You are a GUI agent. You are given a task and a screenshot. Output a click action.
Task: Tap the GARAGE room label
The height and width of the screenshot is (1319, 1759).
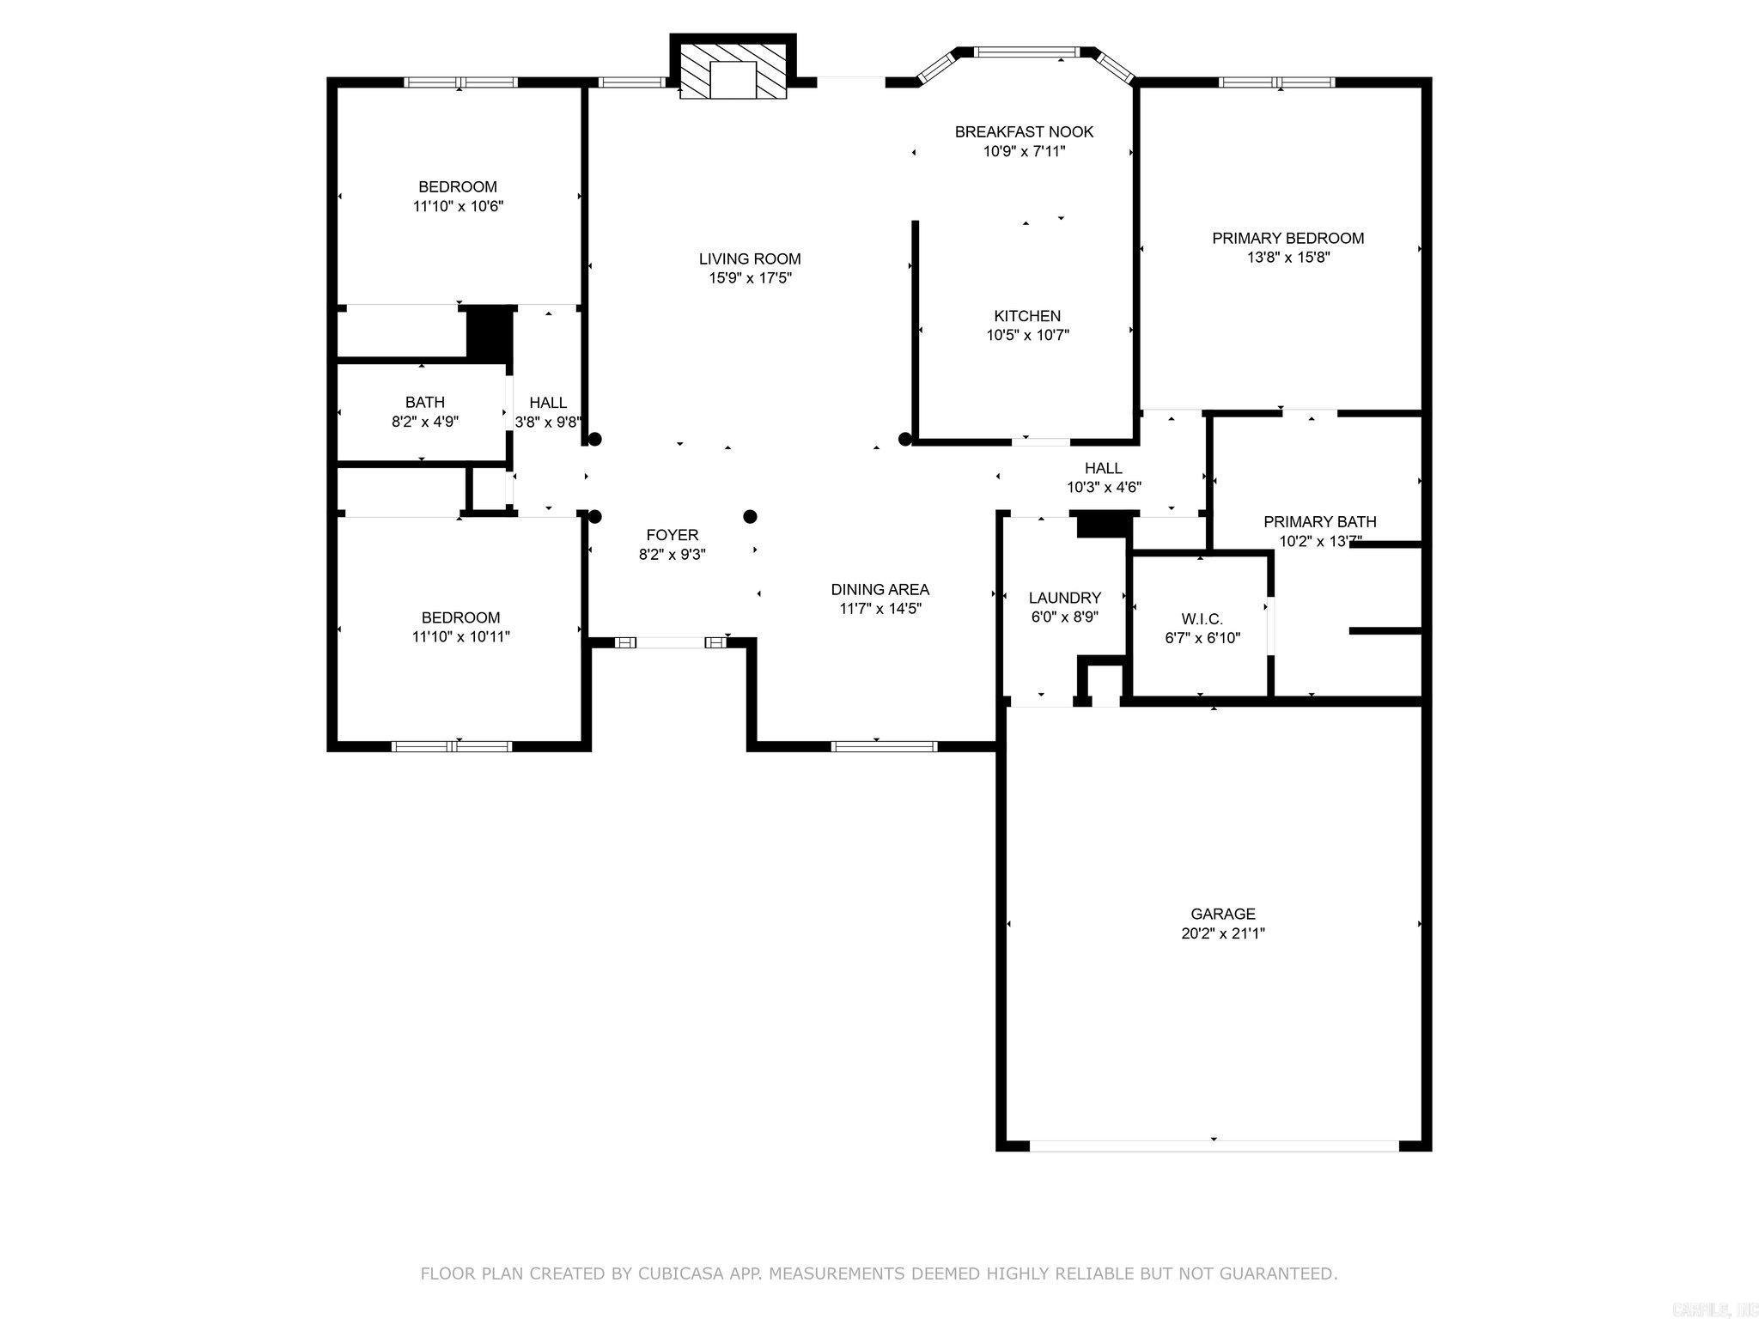click(1222, 914)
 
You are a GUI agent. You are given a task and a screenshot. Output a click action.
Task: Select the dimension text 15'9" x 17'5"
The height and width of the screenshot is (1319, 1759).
click(750, 278)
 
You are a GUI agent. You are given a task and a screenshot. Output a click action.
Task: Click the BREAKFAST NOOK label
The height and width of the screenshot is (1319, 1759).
click(1024, 131)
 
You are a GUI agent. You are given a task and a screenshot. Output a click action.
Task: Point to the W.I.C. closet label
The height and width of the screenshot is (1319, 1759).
click(1202, 618)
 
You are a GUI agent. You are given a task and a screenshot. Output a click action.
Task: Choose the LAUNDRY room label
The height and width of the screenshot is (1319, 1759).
click(1064, 598)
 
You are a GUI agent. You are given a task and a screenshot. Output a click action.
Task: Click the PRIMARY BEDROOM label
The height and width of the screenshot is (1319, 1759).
click(1287, 238)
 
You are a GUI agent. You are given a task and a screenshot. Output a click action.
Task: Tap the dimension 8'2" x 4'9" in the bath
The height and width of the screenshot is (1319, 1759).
click(424, 422)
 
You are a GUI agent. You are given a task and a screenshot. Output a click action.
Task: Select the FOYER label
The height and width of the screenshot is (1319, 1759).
click(672, 535)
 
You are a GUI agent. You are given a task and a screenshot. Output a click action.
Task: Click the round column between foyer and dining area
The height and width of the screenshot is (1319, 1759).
click(750, 516)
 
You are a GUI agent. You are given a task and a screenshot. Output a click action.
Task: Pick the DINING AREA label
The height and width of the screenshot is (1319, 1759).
click(879, 589)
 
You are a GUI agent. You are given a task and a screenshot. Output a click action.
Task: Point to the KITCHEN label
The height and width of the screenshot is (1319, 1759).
click(1027, 316)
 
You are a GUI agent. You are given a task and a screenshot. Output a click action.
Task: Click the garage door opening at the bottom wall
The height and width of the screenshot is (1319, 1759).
click(1214, 1146)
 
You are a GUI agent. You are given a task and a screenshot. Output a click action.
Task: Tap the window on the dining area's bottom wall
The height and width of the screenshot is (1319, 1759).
click(884, 746)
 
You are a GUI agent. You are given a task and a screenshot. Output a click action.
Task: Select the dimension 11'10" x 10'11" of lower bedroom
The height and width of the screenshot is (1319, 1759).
click(460, 637)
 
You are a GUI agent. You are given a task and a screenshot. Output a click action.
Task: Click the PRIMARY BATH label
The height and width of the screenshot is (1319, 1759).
click(1319, 521)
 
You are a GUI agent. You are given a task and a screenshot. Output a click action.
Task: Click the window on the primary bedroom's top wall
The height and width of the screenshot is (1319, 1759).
click(1277, 82)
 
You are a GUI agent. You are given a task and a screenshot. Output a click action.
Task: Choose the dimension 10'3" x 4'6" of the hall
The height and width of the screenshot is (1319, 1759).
click(1104, 488)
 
